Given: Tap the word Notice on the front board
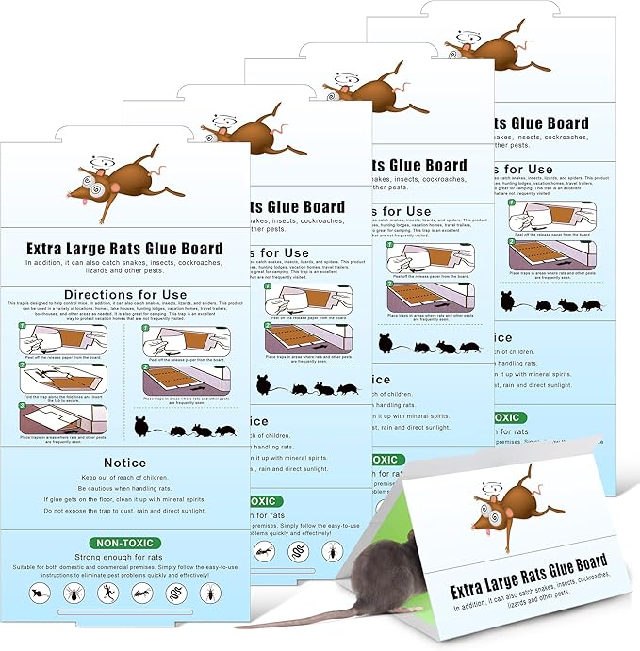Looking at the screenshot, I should [x=125, y=463].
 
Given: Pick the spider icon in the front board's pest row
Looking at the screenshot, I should [x=70, y=594].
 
